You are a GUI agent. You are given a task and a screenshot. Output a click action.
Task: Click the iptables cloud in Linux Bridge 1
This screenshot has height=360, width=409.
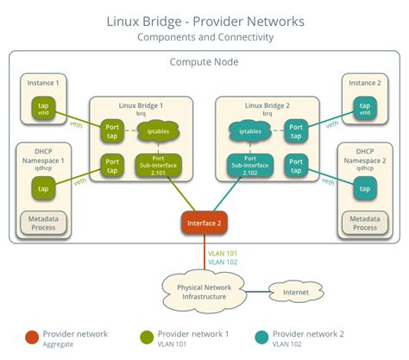156,131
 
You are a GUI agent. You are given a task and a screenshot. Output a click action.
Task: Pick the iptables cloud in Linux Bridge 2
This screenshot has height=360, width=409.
249,131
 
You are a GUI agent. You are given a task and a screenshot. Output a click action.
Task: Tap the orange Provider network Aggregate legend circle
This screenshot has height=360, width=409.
32,337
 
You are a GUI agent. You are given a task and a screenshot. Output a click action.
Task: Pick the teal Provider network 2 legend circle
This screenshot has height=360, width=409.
261,337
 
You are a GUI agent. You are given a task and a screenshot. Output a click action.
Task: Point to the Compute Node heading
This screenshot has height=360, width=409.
204,61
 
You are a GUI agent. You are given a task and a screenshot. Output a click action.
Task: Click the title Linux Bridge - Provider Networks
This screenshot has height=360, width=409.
204,20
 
